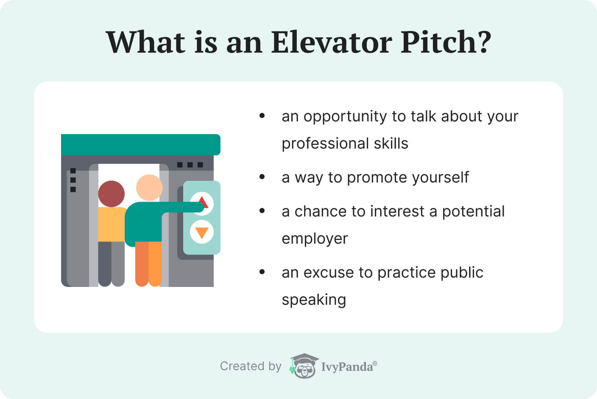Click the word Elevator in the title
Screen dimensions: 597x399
pyautogui.click(x=332, y=42)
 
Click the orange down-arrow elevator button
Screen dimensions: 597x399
pyautogui.click(x=202, y=232)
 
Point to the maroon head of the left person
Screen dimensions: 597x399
pyautogui.click(x=112, y=194)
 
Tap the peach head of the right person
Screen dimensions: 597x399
pyautogui.click(x=149, y=187)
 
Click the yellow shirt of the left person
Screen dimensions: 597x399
pyautogui.click(x=112, y=224)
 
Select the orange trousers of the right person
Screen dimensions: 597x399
pyautogui.click(x=148, y=264)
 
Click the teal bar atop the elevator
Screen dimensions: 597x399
pyautogui.click(x=141, y=145)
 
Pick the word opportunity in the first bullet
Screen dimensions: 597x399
pyautogui.click(x=345, y=117)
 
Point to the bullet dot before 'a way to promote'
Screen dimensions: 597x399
pyautogui.click(x=262, y=177)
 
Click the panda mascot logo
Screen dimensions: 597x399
pyautogui.click(x=304, y=365)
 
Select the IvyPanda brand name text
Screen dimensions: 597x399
pyautogui.click(x=347, y=367)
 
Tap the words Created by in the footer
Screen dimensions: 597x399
pyautogui.click(x=251, y=366)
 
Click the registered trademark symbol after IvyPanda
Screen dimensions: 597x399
pyautogui.click(x=375, y=363)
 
